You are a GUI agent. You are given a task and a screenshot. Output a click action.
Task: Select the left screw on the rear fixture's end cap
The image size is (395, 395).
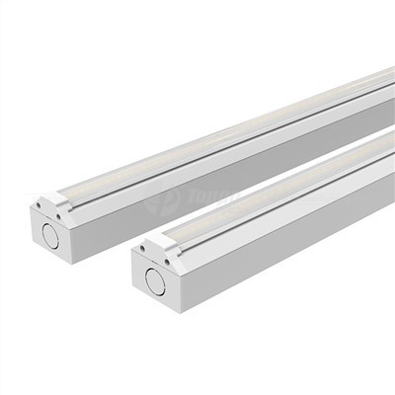tap(39, 204)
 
